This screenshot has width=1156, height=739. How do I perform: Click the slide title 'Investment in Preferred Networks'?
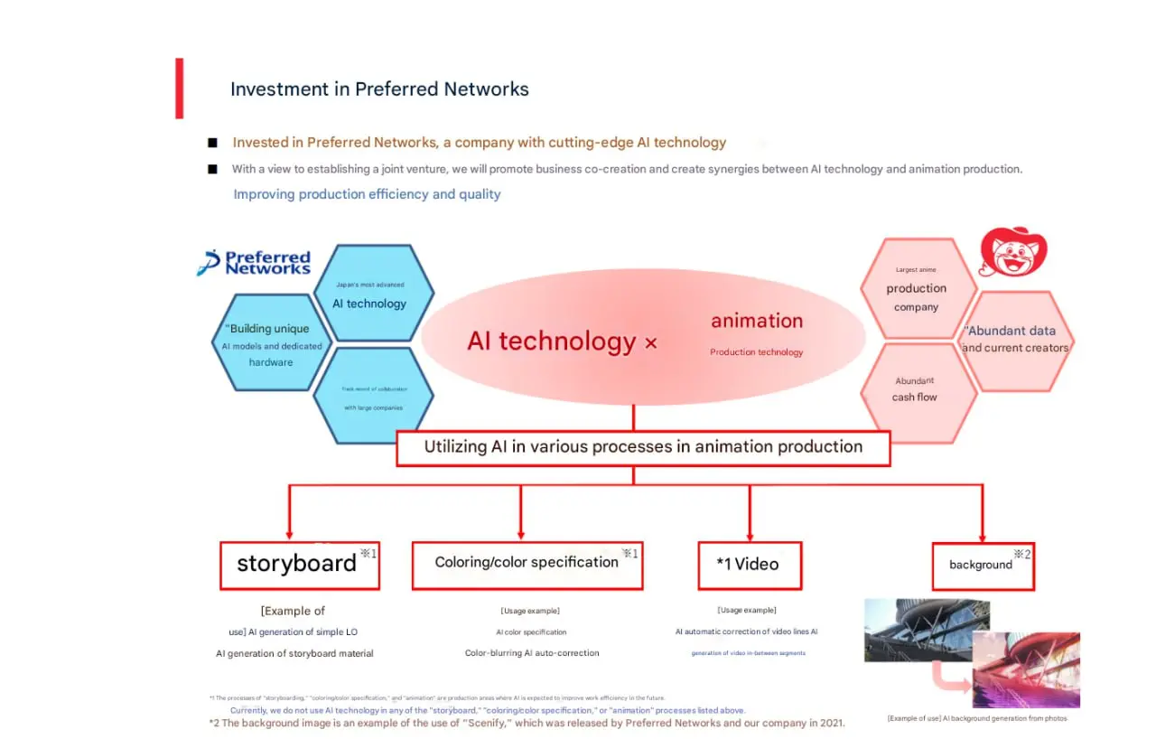point(379,89)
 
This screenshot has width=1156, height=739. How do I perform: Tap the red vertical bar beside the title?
point(180,89)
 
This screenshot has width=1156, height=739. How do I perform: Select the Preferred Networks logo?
point(255,262)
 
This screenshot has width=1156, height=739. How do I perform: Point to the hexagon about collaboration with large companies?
point(374,397)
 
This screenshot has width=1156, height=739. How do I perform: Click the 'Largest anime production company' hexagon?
point(916,288)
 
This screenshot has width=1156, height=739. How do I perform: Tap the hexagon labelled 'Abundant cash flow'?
point(916,391)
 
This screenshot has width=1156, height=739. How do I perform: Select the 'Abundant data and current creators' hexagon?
point(1015,341)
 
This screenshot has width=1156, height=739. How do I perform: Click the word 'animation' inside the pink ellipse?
point(757,321)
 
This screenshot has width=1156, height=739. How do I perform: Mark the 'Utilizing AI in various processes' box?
point(643,447)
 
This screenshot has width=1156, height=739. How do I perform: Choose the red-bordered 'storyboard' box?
point(299,565)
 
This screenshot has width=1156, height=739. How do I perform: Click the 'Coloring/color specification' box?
point(527,565)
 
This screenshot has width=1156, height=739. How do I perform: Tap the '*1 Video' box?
point(749,565)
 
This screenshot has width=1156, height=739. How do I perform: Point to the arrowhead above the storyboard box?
point(289,534)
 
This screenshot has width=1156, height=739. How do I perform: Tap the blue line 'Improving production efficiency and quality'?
point(367,194)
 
